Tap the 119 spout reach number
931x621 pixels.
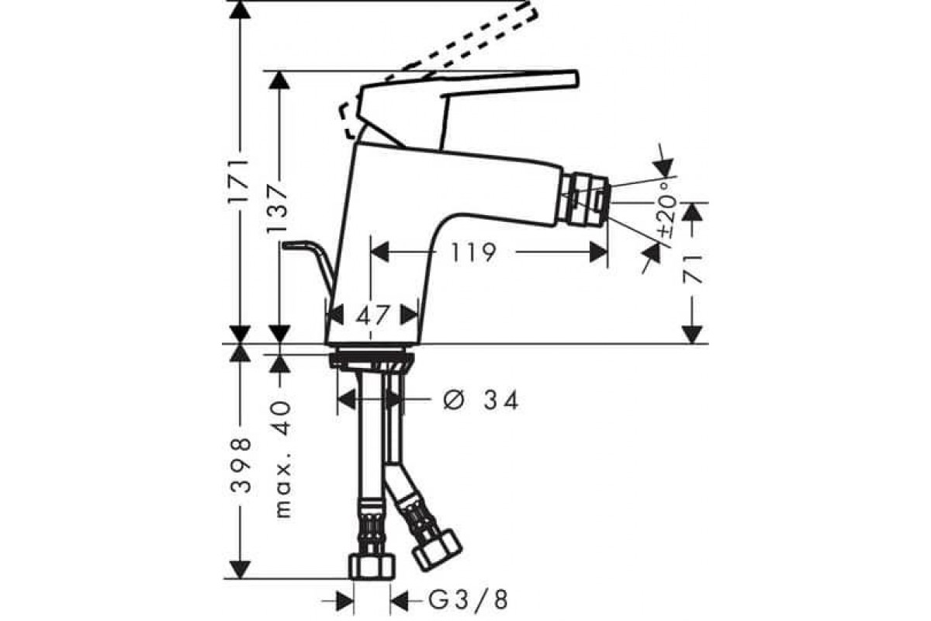[x=474, y=252]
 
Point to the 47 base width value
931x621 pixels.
[x=372, y=315]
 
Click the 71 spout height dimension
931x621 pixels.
[x=692, y=269]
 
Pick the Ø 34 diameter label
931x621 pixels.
[x=481, y=400]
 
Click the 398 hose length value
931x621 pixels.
[x=241, y=465]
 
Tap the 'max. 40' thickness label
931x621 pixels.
[x=283, y=460]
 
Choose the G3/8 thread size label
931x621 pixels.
[x=468, y=601]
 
